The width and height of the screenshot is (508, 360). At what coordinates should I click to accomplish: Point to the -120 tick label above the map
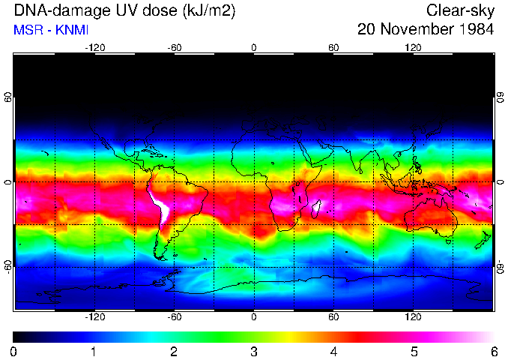tap(94, 47)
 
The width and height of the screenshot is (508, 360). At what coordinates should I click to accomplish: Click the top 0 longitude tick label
tap(254, 47)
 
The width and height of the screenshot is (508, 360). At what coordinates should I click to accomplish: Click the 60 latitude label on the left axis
tap(8, 98)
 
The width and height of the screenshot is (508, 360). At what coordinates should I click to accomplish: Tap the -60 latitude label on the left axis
tap(8, 267)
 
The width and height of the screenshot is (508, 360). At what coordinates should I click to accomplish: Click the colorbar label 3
tap(254, 351)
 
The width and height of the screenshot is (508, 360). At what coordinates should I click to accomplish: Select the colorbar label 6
tap(494, 351)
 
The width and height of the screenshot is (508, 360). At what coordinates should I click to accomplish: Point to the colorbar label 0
tap(14, 351)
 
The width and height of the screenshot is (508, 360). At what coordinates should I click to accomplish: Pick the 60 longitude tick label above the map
tap(333, 47)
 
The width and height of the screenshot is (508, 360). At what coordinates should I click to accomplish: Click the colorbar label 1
tap(94, 351)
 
